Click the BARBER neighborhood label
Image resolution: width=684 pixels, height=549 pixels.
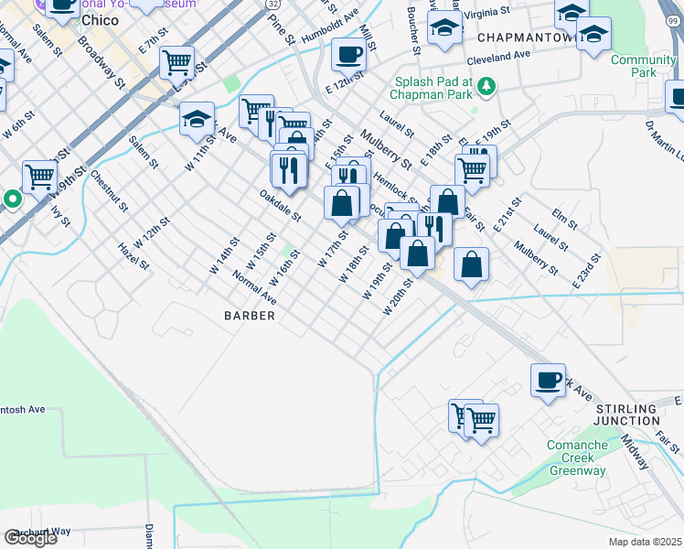(x=250, y=316)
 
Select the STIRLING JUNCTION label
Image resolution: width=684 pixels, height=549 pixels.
(x=626, y=413)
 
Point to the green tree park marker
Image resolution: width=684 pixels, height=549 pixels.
(x=487, y=87)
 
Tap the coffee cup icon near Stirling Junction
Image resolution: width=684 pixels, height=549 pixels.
(x=548, y=379)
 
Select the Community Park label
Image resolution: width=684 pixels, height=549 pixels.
(x=630, y=67)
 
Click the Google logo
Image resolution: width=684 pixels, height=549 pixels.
(x=30, y=537)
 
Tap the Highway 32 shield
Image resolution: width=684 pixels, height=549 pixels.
(x=274, y=5)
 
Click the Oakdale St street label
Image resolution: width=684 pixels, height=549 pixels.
(x=280, y=206)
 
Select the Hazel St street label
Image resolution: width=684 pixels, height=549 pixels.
(x=133, y=256)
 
